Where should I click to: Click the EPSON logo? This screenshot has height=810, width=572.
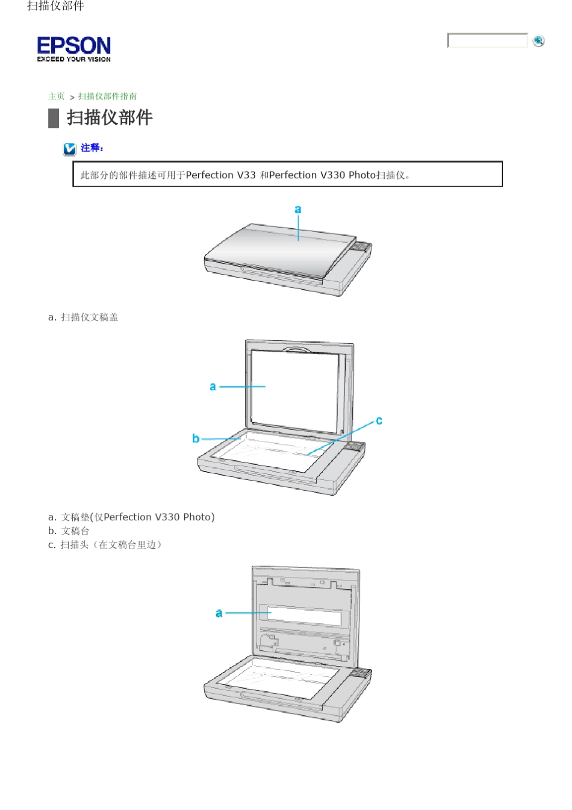coord(73,48)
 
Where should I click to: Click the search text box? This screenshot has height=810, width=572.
coord(487,40)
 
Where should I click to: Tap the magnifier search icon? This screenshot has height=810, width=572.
coord(538,40)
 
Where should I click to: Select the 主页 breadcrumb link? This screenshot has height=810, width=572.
coord(57,96)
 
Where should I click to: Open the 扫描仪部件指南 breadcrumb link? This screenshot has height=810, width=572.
coord(107,96)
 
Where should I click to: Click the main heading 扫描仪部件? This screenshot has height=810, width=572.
coord(109,117)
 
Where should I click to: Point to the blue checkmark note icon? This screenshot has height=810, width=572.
coord(70,149)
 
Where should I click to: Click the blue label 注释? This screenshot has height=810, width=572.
coord(92,148)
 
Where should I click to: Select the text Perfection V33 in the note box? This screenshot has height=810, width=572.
coord(220,175)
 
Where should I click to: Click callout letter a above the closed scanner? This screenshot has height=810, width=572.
coord(297,210)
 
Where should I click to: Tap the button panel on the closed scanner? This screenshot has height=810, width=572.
coord(361,246)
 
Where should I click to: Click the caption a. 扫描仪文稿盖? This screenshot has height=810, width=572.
coord(83,317)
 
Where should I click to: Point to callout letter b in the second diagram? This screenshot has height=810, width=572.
coord(196,438)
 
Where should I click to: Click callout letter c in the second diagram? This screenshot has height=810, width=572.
coord(379,420)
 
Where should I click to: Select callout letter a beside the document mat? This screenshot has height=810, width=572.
coord(213,387)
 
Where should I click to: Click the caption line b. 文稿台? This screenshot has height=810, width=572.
coord(69,531)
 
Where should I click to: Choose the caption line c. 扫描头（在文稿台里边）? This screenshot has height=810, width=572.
coord(105,544)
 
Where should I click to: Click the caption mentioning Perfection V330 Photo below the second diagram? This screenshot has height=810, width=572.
coord(131,517)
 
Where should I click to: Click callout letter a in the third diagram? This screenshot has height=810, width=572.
coord(219,613)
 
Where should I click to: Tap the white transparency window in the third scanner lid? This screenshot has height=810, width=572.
coord(304,615)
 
